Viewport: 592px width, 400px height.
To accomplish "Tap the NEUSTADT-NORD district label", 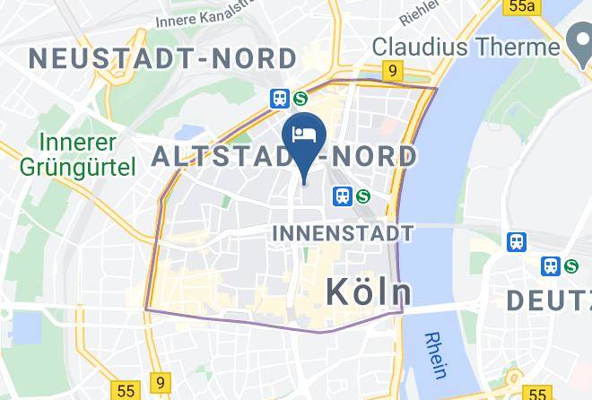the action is [162, 59].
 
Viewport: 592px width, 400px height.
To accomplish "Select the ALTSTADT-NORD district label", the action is [284, 157].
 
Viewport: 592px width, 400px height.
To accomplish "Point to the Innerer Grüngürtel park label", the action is [87, 154].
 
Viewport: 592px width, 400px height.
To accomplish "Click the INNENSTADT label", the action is [342, 234].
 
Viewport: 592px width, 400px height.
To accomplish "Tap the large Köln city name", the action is [368, 291].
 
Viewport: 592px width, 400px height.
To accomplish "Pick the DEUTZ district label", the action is [548, 300].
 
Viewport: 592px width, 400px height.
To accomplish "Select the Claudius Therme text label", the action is [466, 46].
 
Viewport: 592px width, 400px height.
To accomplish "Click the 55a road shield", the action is [520, 6].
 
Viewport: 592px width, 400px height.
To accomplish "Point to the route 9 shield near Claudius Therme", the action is [391, 69].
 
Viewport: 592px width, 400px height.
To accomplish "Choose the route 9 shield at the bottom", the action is [160, 381].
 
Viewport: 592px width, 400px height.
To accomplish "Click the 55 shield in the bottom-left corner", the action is [125, 391].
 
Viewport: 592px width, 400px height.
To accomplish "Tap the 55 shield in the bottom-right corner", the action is [538, 393].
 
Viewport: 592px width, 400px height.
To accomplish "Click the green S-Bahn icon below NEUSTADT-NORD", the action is [300, 99].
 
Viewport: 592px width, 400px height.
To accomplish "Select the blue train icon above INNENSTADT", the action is [342, 195].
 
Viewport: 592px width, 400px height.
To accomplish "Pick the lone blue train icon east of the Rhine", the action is [517, 241].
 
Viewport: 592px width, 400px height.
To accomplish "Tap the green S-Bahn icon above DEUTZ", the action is [571, 266].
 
